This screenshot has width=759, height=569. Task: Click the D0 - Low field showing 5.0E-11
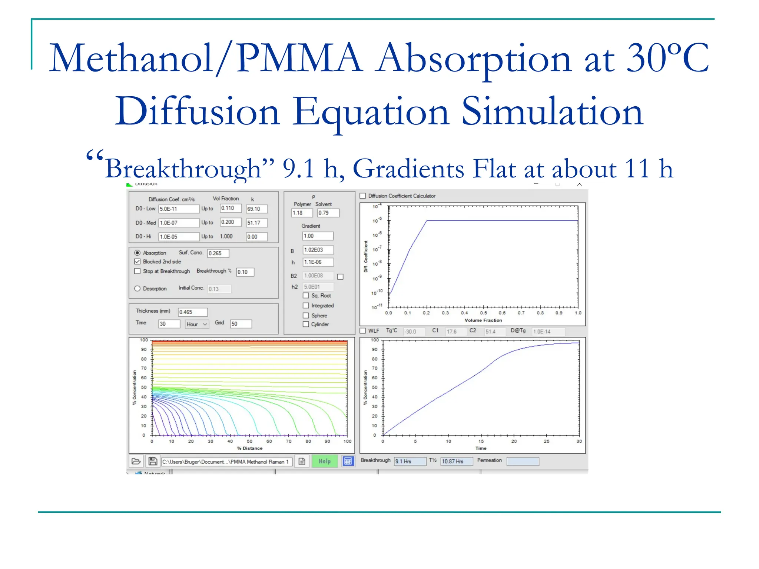(x=179, y=209)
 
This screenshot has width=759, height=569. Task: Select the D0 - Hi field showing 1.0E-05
(x=179, y=237)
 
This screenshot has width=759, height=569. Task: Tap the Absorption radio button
(x=137, y=253)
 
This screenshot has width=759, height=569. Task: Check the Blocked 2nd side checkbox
(x=137, y=262)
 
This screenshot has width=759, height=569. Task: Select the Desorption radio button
(x=137, y=289)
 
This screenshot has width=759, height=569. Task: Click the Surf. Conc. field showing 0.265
(x=218, y=253)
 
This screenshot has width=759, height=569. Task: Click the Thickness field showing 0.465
(x=192, y=312)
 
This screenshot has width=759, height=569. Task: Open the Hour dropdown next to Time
(x=197, y=324)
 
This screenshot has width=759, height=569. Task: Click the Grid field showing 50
(x=241, y=324)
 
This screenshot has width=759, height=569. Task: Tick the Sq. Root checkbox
(x=306, y=296)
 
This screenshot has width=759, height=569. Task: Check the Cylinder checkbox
(x=306, y=324)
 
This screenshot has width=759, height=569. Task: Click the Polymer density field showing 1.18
(x=301, y=213)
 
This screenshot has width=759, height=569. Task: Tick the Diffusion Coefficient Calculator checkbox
(x=363, y=196)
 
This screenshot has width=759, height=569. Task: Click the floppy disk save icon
(x=153, y=461)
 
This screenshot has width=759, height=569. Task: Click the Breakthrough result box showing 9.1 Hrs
(x=410, y=461)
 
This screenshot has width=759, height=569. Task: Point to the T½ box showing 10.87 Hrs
(x=456, y=461)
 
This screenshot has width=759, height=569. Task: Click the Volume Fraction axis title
(x=483, y=320)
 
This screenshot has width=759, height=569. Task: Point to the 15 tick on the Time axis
(x=481, y=441)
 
